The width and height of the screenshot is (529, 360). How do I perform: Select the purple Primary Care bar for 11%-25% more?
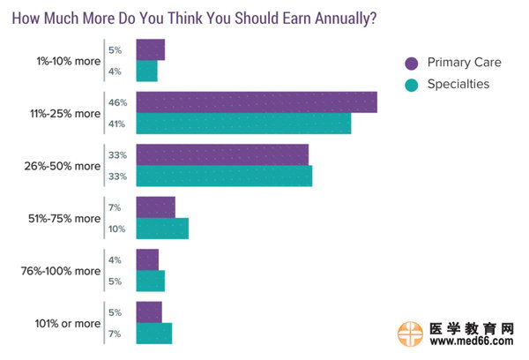tap(257, 102)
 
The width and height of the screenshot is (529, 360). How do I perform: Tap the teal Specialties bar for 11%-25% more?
tap(243, 124)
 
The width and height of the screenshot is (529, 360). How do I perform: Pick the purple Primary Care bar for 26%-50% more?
tap(222, 154)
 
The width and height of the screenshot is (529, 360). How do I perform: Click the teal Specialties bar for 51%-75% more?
tap(162, 229)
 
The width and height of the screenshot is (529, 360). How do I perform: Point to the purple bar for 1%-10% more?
tap(150, 50)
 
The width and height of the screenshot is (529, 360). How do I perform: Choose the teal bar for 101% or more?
tap(153, 334)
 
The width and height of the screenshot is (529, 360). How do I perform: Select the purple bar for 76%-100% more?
tap(147, 259)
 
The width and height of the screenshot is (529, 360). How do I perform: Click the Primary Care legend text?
tap(465, 63)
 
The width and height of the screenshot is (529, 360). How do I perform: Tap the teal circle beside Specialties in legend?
tap(410, 85)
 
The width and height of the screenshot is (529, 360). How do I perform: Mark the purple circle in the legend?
tap(410, 63)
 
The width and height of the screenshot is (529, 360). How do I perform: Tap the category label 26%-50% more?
tap(63, 165)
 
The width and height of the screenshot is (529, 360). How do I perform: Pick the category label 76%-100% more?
tap(59, 271)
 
